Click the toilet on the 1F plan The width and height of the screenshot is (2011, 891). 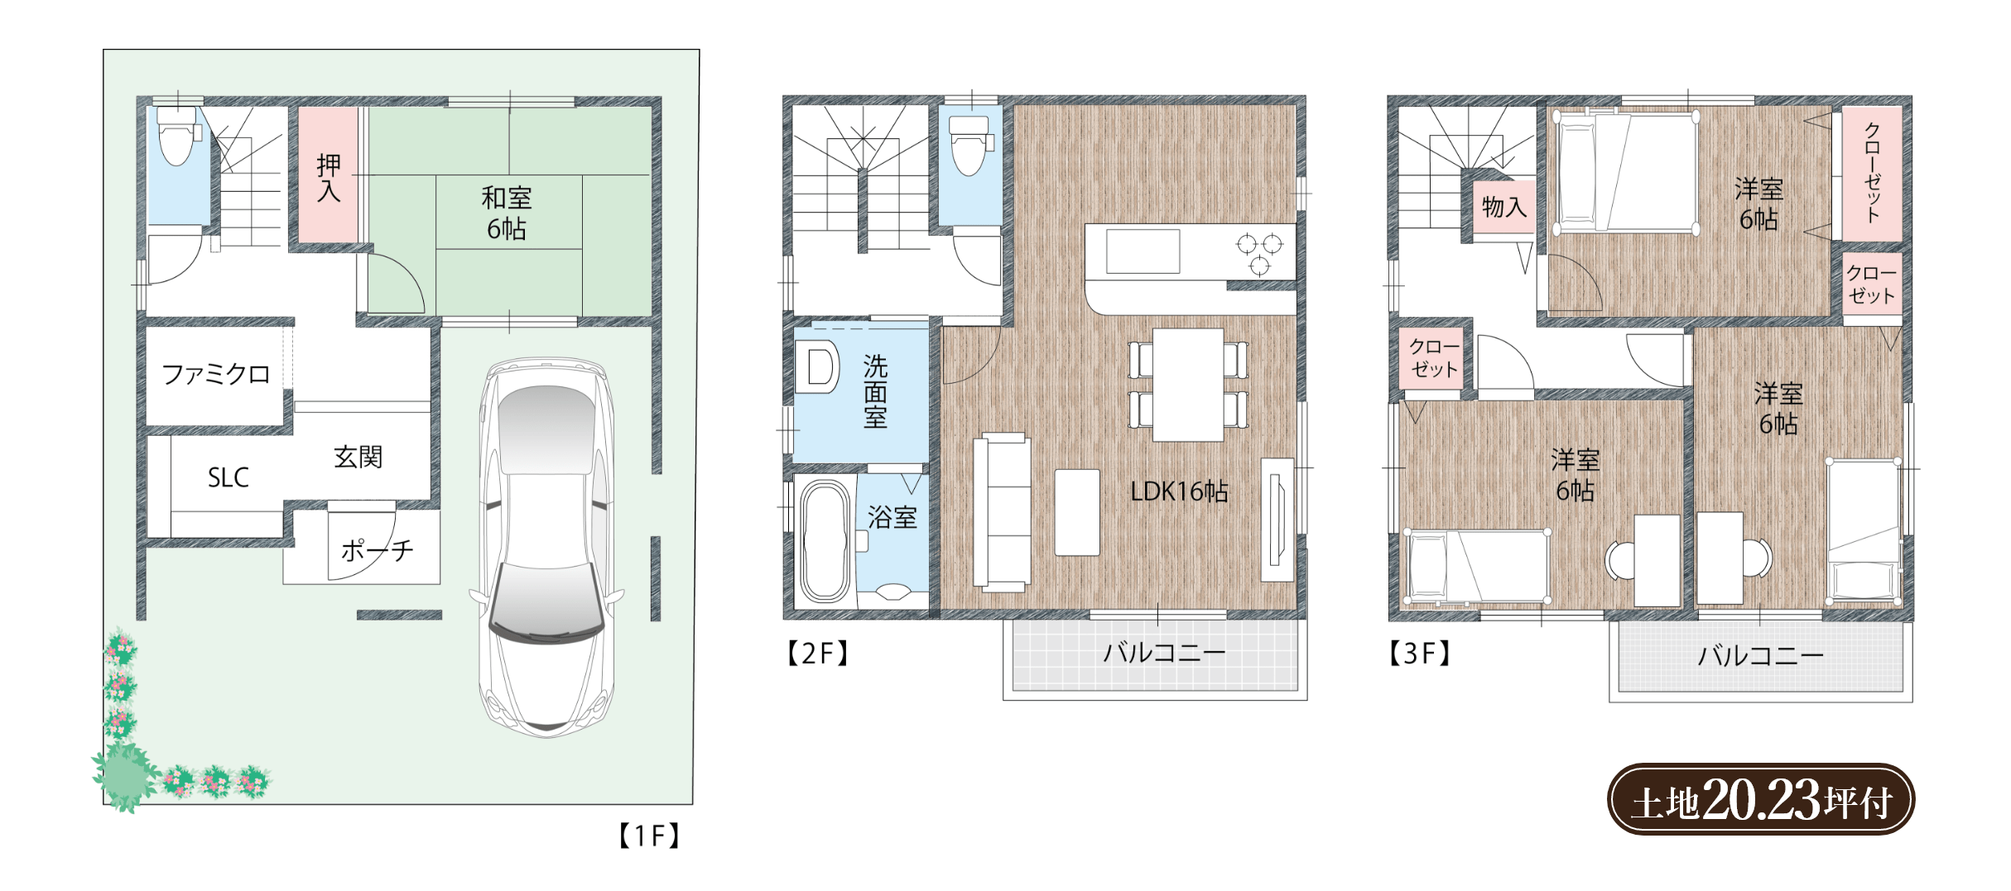click(177, 137)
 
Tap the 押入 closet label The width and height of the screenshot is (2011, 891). click(329, 178)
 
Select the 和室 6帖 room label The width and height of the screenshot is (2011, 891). click(507, 213)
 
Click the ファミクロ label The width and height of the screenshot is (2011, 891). click(216, 375)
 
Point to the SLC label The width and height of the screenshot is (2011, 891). click(228, 477)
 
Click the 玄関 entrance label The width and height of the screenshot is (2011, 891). click(358, 457)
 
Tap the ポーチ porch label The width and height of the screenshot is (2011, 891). click(377, 550)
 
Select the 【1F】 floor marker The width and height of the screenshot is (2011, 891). click(649, 836)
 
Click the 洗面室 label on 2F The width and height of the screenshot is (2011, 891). click(875, 391)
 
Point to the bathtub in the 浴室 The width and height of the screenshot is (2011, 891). click(825, 541)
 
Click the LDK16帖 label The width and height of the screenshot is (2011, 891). click(1179, 491)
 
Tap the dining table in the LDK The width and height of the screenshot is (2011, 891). click(1188, 385)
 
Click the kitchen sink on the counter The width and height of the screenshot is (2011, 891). click(1143, 251)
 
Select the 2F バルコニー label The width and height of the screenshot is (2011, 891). click(1164, 653)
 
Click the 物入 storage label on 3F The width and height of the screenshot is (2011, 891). click(1503, 207)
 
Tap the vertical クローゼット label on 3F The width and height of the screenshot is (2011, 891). click(1872, 172)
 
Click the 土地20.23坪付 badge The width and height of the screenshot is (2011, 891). click(1761, 799)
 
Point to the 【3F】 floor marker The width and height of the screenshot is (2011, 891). click(1419, 654)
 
